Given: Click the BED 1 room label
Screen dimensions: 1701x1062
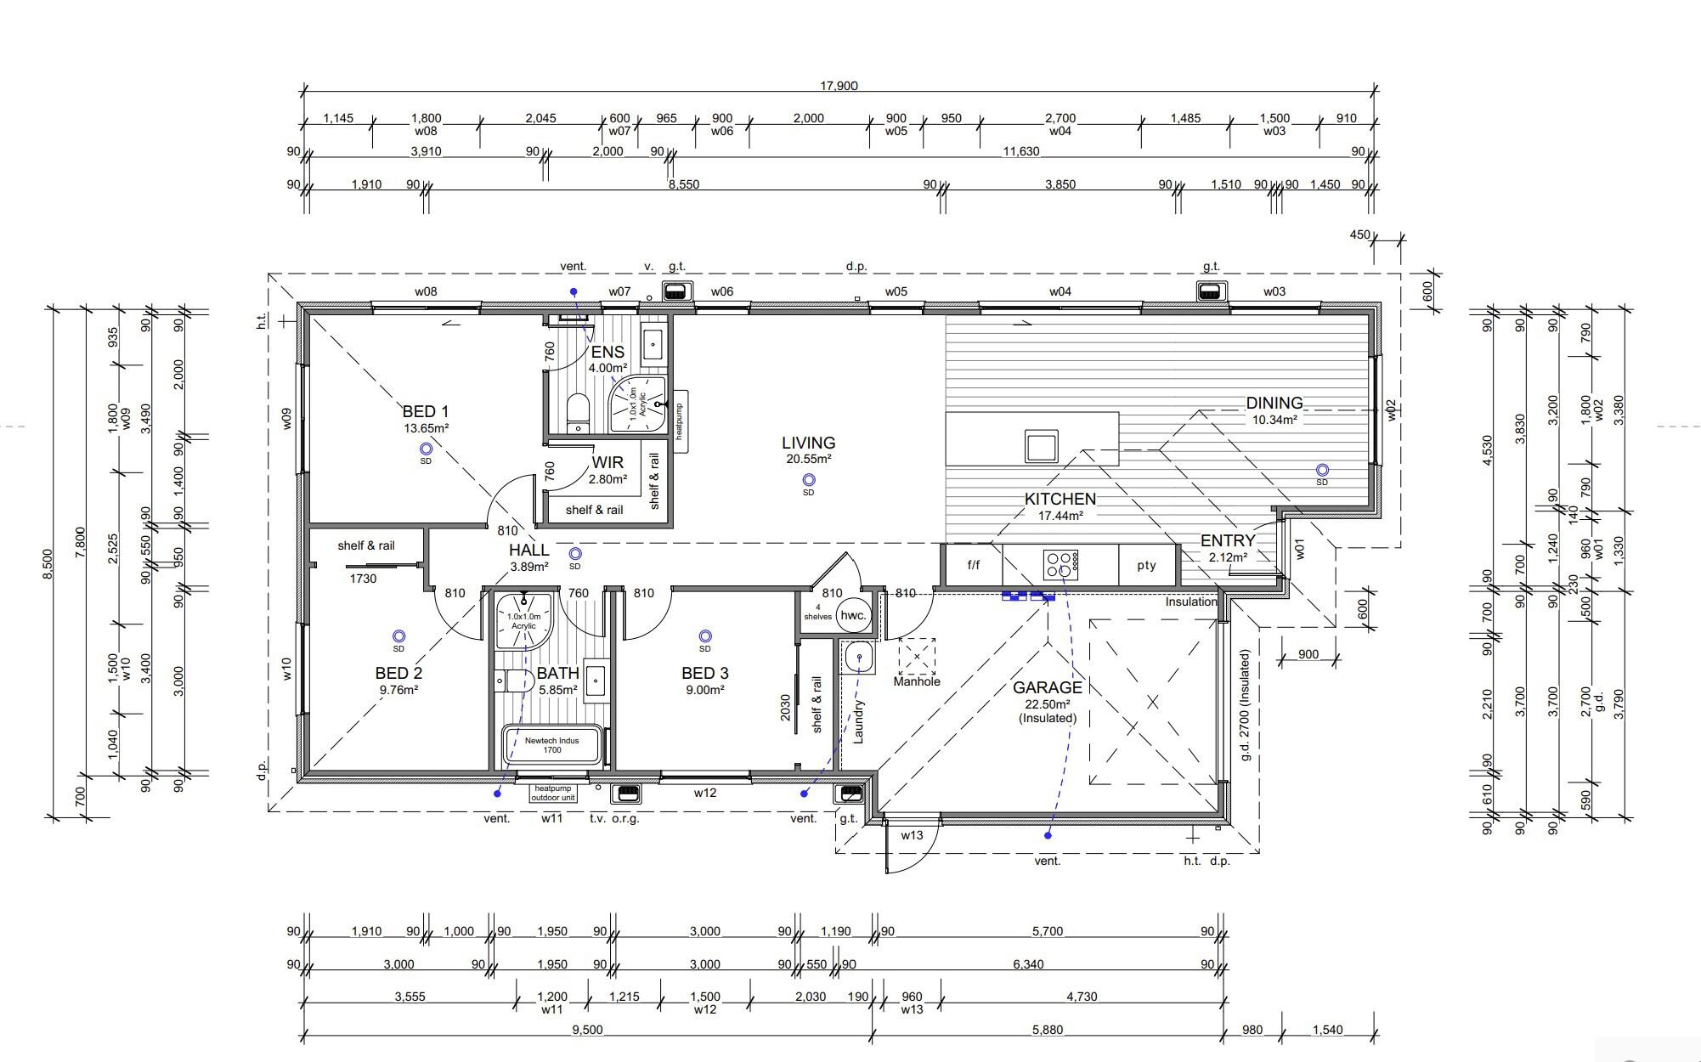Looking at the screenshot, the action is click(x=426, y=412).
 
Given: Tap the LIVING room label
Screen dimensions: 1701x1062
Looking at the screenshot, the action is click(x=808, y=443).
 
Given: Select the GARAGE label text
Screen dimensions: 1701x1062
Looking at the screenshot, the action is click(x=1048, y=687).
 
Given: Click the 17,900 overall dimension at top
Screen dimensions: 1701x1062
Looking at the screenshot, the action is click(x=839, y=86).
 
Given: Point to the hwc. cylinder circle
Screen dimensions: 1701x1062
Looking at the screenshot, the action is click(x=853, y=616).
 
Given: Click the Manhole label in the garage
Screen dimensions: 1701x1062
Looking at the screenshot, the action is click(x=917, y=681).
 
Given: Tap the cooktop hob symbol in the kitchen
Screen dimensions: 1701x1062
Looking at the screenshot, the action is click(x=1061, y=563).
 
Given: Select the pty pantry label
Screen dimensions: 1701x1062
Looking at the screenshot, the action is click(x=1146, y=566).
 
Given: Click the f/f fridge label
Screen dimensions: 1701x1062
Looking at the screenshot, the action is click(x=974, y=564).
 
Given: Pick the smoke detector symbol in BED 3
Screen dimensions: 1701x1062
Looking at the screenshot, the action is click(x=704, y=636).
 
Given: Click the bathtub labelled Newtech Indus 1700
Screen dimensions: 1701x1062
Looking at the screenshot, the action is click(x=552, y=745).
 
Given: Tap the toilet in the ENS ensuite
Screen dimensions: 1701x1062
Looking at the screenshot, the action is click(x=578, y=411).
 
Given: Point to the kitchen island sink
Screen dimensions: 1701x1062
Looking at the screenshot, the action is click(x=1042, y=446).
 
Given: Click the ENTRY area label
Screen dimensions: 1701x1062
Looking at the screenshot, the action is click(x=1228, y=541).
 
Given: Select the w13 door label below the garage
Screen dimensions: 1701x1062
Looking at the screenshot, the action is click(x=912, y=835).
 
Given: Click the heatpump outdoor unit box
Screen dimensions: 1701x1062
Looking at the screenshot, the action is click(x=553, y=793).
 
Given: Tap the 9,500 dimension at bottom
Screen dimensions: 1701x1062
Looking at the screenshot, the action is click(x=587, y=1030).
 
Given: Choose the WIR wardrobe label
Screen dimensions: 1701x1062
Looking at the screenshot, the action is click(x=607, y=462).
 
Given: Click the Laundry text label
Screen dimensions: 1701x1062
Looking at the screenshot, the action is click(x=859, y=722).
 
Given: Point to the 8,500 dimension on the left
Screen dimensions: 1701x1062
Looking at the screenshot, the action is click(x=48, y=565).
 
